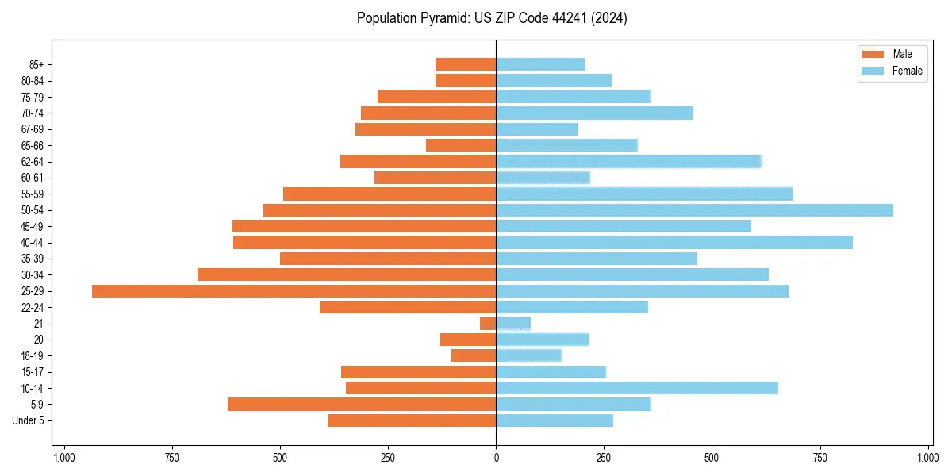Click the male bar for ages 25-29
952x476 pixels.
pos(294,291)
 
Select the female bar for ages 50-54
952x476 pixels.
pos(694,210)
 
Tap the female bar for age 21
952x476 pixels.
pos(513,324)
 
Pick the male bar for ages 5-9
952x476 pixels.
pos(362,405)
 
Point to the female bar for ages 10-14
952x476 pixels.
pos(637,388)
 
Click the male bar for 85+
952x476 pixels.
pos(466,64)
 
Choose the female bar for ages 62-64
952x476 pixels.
pos(628,162)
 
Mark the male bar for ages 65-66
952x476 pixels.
pos(461,145)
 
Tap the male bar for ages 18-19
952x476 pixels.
pos(474,355)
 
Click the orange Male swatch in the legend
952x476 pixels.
pos(873,54)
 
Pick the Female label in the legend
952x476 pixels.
pos(907,71)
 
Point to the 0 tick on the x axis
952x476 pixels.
pos(496,458)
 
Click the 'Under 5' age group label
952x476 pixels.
pos(28,420)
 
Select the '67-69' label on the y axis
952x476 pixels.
pos(33,129)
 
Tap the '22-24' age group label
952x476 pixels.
pos(33,307)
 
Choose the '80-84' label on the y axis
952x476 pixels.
pos(33,81)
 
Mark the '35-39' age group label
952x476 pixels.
pos(33,259)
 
